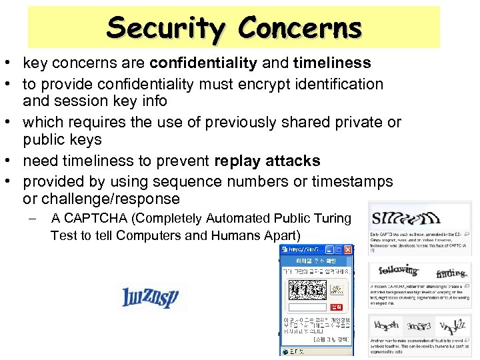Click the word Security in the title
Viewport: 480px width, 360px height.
pos(167,28)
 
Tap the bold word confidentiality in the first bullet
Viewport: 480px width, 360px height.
pos(203,63)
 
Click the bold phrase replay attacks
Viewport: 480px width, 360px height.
pos(267,161)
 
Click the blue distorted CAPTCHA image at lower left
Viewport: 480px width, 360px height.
pos(151,297)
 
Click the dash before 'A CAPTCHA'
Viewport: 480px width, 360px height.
pos(32,219)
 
